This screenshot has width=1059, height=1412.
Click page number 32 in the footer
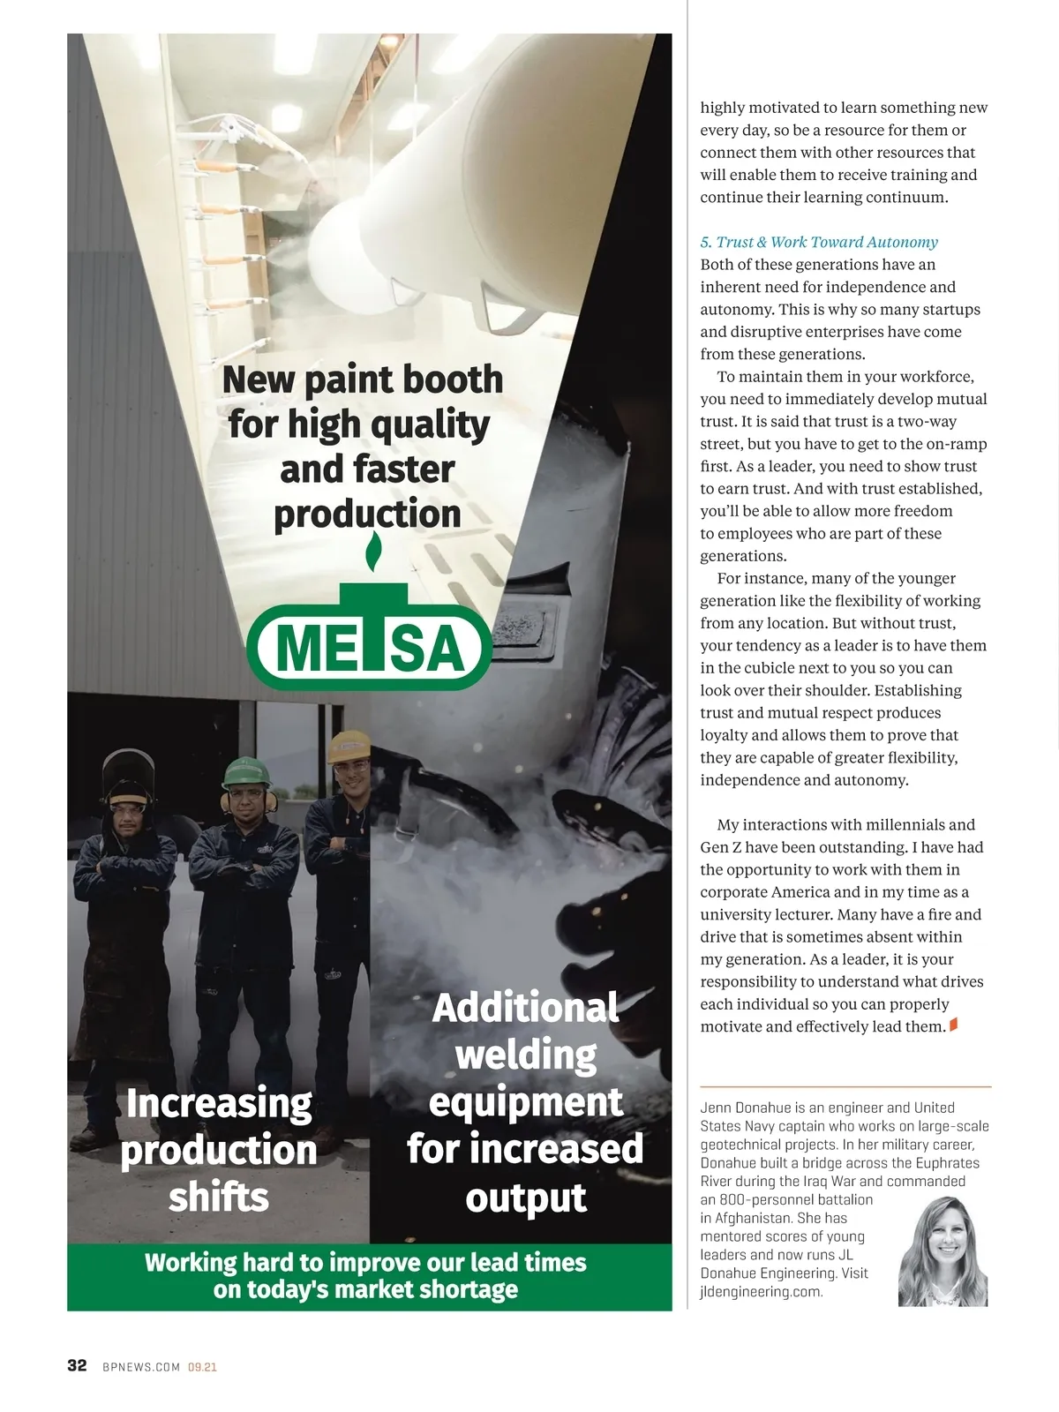tap(78, 1365)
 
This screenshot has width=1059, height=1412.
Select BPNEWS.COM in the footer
tap(141, 1367)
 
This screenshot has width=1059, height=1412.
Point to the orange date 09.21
tap(202, 1367)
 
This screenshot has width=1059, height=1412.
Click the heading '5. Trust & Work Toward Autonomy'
tap(819, 242)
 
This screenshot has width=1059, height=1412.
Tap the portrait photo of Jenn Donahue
tap(943, 1253)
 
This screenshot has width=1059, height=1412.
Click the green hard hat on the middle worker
tap(245, 772)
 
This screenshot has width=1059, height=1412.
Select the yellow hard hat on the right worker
tap(349, 748)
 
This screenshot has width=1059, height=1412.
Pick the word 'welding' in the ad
tap(526, 1055)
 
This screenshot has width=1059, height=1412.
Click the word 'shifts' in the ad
tap(219, 1198)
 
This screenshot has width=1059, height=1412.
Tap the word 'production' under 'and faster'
tap(367, 514)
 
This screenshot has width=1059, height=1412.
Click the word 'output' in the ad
tap(526, 1198)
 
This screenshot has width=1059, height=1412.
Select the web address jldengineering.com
tap(761, 1292)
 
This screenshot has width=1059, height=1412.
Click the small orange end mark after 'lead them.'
tap(953, 1025)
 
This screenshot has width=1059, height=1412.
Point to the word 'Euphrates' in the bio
tap(946, 1163)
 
